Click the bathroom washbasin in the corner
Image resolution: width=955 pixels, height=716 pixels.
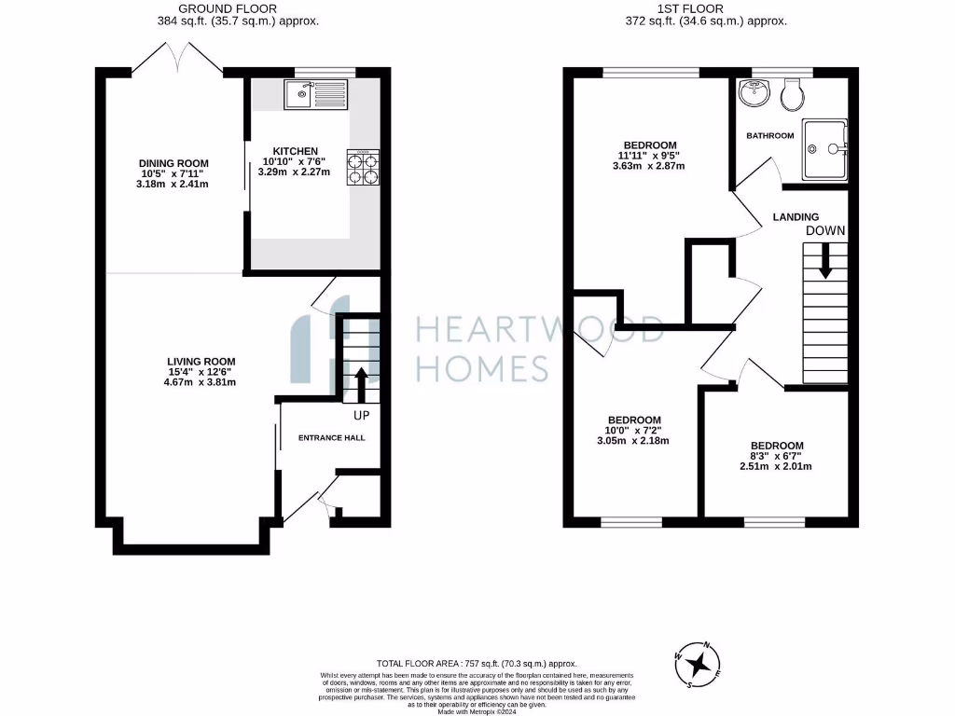point(752,94)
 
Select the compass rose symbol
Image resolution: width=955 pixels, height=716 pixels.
point(698,664)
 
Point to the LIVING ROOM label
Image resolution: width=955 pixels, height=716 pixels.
point(201,362)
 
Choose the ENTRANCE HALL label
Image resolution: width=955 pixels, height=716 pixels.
point(331,437)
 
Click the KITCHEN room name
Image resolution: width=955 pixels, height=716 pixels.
point(295,151)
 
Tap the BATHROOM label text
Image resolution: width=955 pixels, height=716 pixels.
point(769,136)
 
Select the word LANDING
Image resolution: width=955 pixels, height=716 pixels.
point(796,217)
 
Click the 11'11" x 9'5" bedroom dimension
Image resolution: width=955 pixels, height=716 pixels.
point(650,156)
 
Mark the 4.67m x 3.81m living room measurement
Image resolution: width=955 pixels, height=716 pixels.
point(201,381)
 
